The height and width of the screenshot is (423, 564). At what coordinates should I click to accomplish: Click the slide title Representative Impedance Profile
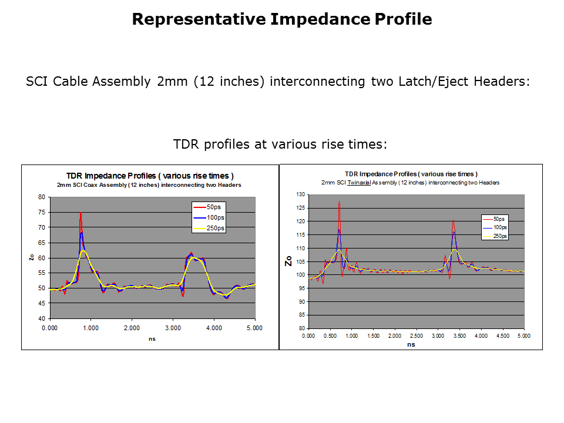282,19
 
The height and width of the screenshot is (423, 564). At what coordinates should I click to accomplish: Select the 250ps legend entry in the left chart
215,228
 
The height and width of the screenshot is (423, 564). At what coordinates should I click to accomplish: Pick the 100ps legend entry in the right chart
500,227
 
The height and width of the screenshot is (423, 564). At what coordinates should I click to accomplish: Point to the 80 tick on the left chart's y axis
42,197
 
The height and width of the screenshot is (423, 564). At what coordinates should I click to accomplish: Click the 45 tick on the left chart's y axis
42,304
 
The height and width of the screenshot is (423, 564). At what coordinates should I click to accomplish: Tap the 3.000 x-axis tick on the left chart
173,328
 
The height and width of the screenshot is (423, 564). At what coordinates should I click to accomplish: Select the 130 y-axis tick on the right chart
300,194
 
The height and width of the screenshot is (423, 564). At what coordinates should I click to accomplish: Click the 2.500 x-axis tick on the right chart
416,336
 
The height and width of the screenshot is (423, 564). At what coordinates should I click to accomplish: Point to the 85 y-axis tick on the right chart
301,315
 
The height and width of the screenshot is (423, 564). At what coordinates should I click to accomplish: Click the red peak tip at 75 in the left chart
80,213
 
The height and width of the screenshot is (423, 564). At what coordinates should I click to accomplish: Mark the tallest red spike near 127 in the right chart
339,203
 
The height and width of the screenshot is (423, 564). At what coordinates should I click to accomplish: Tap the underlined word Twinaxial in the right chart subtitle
357,183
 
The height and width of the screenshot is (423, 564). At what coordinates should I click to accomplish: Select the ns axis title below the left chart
152,340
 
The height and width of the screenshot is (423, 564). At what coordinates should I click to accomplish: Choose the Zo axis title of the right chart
288,261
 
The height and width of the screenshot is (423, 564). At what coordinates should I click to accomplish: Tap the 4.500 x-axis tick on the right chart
502,336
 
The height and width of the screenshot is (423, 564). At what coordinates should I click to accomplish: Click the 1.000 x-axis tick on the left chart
91,328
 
